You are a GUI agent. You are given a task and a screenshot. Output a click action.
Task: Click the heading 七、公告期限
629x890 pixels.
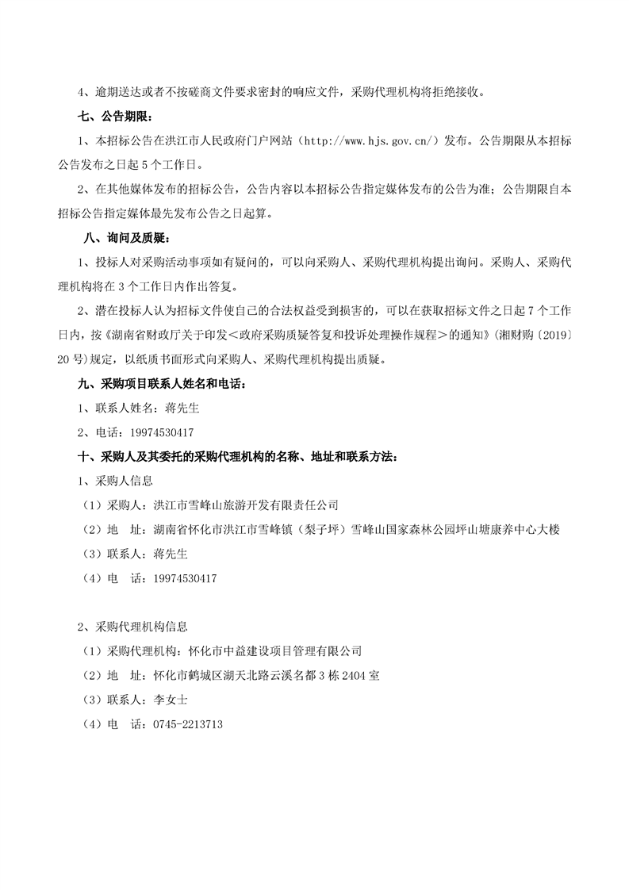(113, 116)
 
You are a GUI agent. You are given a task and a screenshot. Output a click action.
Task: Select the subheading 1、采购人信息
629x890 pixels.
(115, 481)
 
